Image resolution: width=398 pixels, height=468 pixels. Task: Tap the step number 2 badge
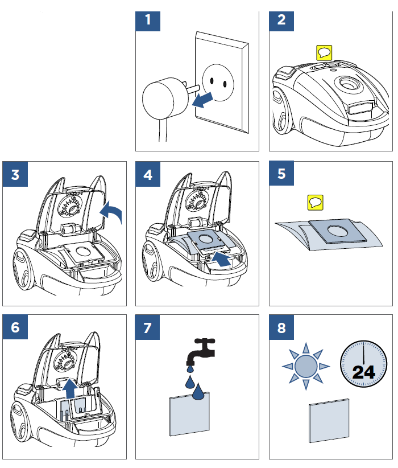[281, 22]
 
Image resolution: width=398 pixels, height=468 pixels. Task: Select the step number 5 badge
[281, 174]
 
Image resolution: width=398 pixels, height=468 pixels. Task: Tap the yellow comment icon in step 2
[324, 54]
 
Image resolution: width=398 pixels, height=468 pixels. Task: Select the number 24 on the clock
[363, 372]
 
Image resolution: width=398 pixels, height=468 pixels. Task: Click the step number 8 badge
[281, 327]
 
